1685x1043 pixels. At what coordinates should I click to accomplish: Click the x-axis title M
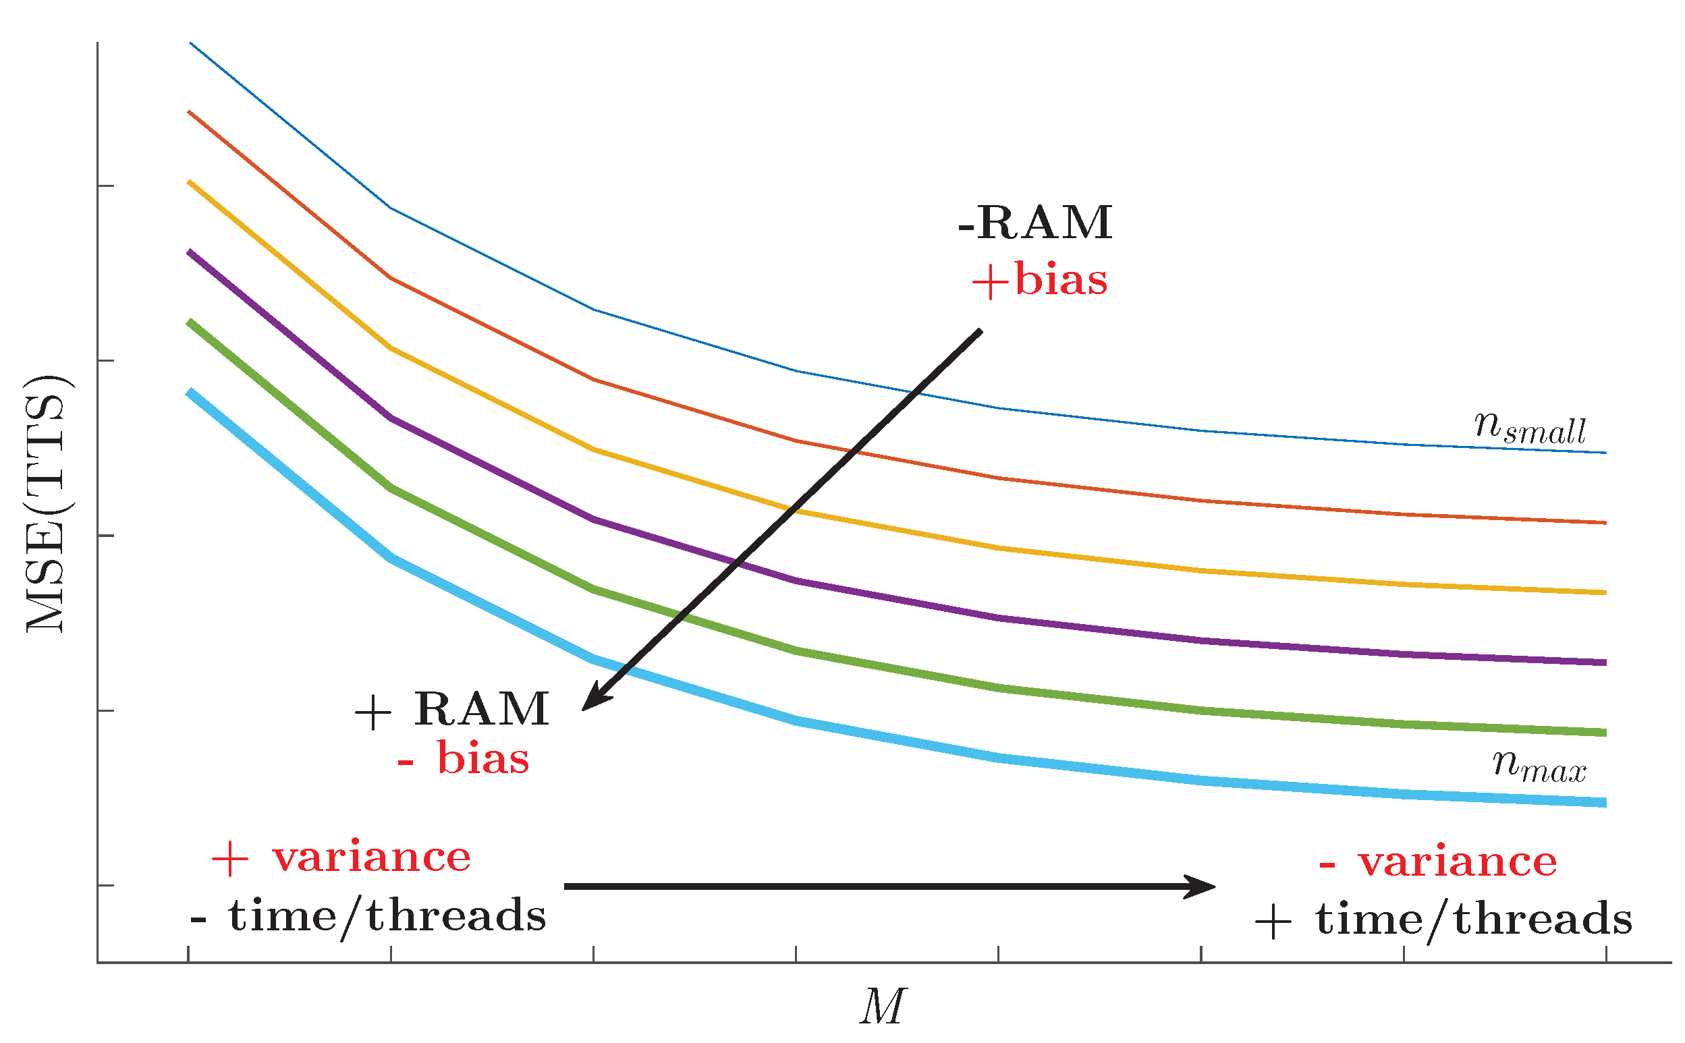[x=882, y=1007]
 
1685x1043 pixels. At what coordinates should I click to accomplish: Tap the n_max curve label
[x=1539, y=766]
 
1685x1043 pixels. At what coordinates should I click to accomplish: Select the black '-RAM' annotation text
[x=1035, y=223]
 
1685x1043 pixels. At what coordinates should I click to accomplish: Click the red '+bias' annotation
[x=1039, y=281]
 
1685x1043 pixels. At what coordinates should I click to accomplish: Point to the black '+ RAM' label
[x=452, y=709]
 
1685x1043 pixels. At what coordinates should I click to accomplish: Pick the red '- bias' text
[x=463, y=759]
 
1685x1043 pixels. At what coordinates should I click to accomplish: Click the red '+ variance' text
[x=341, y=857]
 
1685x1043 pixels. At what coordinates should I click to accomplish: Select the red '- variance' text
[x=1438, y=862]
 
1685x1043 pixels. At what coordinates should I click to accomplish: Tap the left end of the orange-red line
[x=190, y=112]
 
